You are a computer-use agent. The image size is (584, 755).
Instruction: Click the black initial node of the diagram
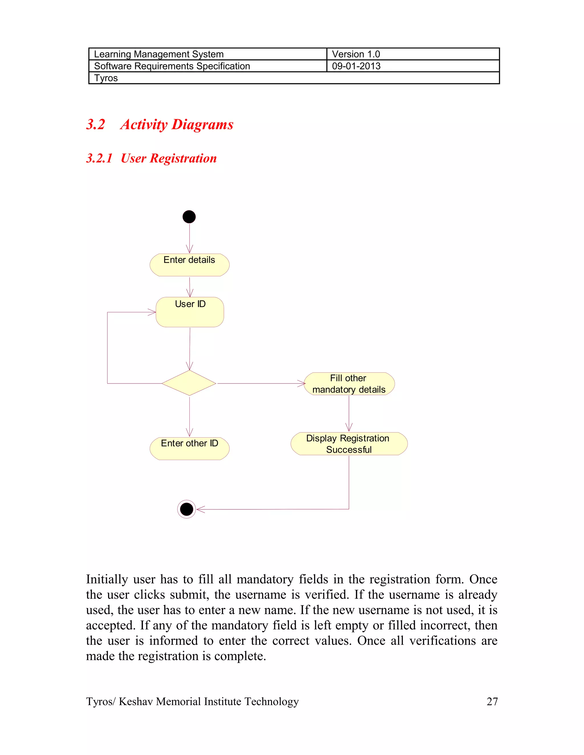pyautogui.click(x=189, y=217)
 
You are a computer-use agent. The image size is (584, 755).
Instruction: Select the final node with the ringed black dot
pyautogui.click(x=186, y=509)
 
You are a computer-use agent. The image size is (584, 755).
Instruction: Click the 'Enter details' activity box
pyautogui.click(x=189, y=265)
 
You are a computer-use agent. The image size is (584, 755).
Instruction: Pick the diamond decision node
pyautogui.click(x=189, y=383)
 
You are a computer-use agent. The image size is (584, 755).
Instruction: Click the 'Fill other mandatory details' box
pyautogui.click(x=349, y=384)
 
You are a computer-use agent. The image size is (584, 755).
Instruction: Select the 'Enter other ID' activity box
pyautogui.click(x=189, y=448)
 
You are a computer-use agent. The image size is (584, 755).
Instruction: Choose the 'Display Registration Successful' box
pyautogui.click(x=349, y=444)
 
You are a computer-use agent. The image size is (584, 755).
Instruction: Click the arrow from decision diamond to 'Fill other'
pyautogui.click(x=259, y=383)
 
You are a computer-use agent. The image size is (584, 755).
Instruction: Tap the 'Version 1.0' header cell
pyautogui.click(x=356, y=54)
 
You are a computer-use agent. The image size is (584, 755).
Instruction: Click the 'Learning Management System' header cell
pyautogui.click(x=159, y=54)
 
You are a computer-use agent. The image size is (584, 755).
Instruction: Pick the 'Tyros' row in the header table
pyautogui.click(x=106, y=78)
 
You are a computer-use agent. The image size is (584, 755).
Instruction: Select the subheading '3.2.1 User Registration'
pyautogui.click(x=151, y=158)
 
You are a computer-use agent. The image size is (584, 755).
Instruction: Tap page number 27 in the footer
pyautogui.click(x=492, y=702)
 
